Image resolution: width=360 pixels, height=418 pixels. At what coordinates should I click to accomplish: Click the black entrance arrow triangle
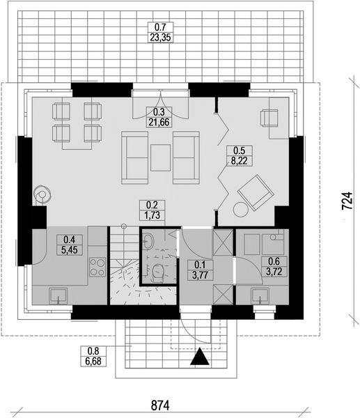point(199,357)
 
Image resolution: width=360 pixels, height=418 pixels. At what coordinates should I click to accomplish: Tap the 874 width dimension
point(161,404)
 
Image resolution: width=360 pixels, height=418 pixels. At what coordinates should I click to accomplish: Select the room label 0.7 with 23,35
point(159,31)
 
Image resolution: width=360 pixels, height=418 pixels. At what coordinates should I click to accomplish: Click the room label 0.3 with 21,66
point(159,117)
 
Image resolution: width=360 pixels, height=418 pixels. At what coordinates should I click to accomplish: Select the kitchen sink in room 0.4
point(58,296)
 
